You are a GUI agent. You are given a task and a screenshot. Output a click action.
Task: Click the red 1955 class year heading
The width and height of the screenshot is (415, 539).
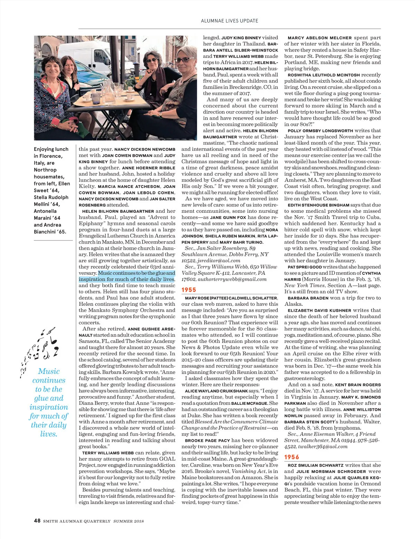(x=189, y=290)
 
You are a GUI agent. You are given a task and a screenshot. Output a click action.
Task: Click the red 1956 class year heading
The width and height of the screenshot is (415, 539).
(x=292, y=457)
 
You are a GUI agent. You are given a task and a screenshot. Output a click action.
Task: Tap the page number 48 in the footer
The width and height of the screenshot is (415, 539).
(x=37, y=521)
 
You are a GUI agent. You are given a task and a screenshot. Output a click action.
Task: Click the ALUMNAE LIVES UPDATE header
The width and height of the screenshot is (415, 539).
(x=229, y=21)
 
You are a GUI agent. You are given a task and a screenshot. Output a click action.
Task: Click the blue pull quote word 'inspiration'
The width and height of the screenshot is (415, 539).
(x=49, y=407)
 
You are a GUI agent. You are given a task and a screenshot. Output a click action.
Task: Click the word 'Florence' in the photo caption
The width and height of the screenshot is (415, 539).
(x=50, y=156)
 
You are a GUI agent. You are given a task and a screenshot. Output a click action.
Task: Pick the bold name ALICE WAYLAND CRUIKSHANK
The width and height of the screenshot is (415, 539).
(x=216, y=391)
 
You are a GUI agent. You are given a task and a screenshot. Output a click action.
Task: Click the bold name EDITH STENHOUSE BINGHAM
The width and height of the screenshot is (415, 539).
(x=319, y=205)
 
